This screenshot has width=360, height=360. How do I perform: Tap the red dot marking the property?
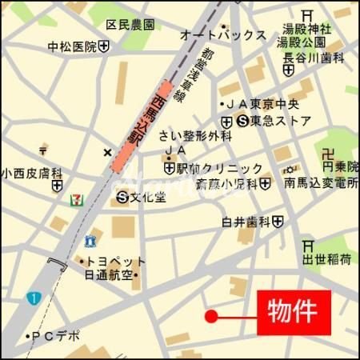(x=211, y=316)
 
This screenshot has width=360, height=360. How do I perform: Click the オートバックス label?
(x=223, y=34)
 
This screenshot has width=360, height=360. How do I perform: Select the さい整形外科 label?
(x=194, y=135)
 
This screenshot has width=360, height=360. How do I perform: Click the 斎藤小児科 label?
(x=226, y=184)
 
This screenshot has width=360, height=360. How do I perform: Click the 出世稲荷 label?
(x=326, y=259)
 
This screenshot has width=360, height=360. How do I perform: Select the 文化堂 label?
(x=147, y=196)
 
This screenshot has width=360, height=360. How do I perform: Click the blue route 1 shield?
(x=33, y=298)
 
